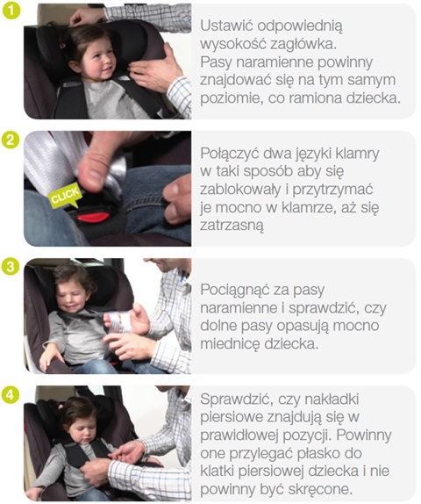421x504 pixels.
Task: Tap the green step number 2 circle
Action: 9,139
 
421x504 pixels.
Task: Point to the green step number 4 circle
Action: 9,394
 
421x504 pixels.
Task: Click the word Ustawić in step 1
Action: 229,25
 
